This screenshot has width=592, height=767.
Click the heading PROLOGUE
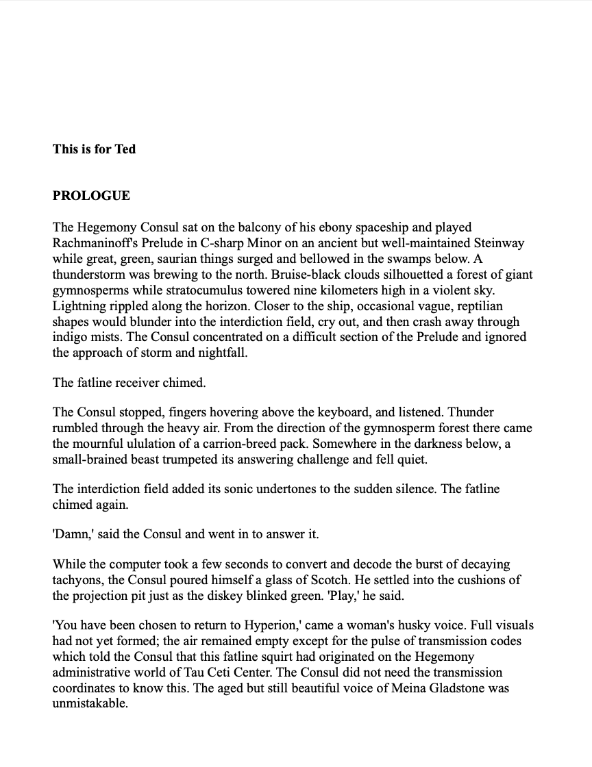91,196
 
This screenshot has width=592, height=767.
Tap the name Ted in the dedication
125,149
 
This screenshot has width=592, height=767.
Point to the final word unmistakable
90,704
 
